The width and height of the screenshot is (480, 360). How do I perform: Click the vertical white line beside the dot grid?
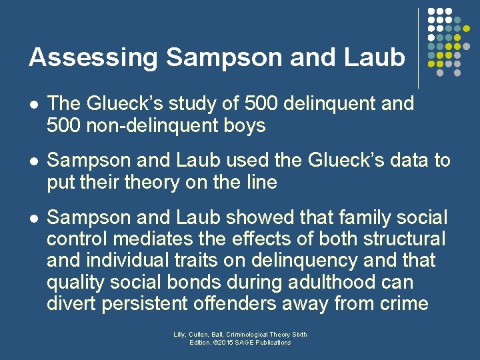[418, 48]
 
